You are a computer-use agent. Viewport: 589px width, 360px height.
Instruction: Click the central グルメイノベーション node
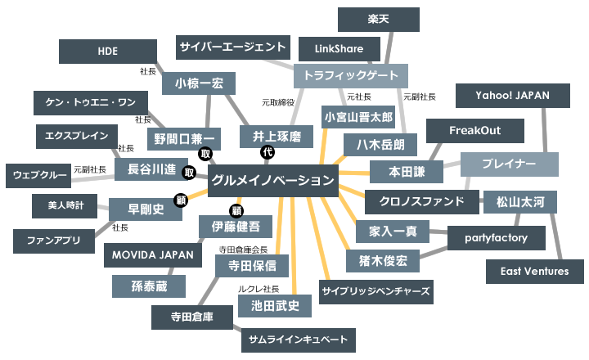[272, 181]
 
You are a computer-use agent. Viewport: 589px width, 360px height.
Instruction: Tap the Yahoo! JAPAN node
[513, 96]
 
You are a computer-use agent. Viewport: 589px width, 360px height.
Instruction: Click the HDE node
[107, 51]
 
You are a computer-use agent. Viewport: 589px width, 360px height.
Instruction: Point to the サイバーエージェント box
[233, 47]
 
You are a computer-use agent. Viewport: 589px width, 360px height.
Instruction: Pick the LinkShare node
[339, 49]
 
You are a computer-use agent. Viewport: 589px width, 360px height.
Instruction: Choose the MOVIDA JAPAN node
[154, 254]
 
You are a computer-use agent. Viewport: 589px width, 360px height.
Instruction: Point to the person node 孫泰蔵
[148, 286]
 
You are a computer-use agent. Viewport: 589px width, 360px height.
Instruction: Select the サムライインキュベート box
[299, 339]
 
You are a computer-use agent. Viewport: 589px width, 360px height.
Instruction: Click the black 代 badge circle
[266, 153]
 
